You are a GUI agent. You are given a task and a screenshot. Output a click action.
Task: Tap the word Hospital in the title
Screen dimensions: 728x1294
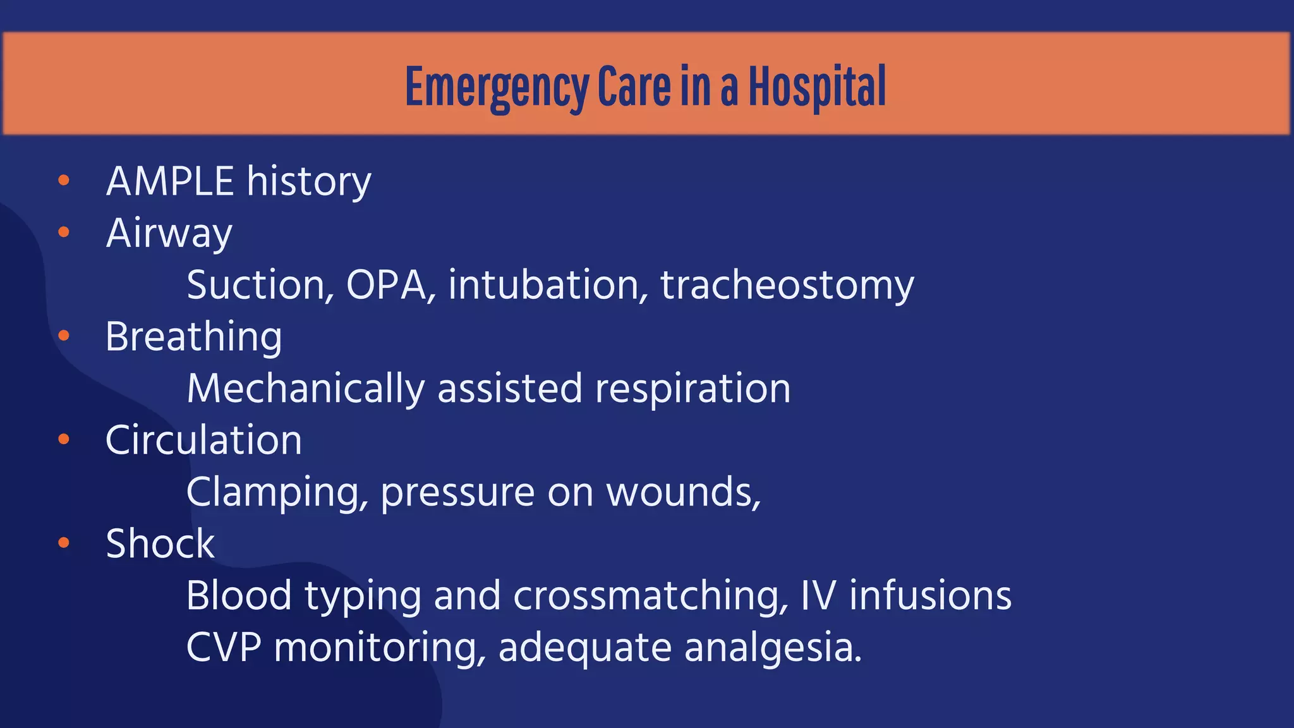(817, 87)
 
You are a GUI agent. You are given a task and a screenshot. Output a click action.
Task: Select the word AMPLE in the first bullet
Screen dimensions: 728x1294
(170, 182)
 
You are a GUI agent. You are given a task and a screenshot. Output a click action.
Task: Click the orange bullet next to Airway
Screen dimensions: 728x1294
(63, 233)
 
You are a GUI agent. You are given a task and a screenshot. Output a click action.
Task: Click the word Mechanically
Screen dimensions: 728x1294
(305, 389)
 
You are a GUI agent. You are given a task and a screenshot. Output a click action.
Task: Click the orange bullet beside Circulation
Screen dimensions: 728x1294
(63, 439)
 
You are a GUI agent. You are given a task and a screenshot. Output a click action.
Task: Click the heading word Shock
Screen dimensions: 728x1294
(160, 543)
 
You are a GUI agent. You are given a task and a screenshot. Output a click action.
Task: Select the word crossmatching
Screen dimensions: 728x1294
(650, 596)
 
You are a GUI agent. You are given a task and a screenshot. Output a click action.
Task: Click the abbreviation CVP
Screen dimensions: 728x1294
(224, 648)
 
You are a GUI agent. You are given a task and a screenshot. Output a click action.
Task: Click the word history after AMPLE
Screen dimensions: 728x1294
(309, 182)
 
